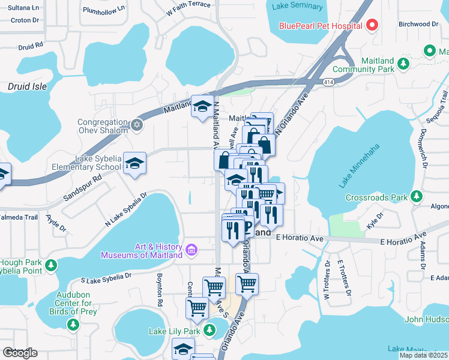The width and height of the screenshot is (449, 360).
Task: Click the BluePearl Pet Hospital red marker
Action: [372, 26]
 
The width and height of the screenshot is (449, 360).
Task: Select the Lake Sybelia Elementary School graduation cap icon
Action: [135, 163]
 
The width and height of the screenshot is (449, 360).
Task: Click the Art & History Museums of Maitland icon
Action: [191, 250]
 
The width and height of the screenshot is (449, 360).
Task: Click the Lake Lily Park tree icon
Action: [209, 330]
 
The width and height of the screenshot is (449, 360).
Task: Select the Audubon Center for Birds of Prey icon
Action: [73, 325]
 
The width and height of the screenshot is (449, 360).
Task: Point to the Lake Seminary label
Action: [297, 7]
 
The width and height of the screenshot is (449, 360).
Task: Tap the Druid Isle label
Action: [27, 86]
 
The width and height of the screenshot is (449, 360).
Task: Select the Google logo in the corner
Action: [20, 353]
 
